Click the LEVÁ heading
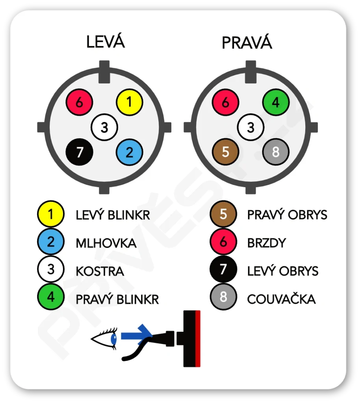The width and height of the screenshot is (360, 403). [x=106, y=42]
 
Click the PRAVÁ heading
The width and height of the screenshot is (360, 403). [x=247, y=43]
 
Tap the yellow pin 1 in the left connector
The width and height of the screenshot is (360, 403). [x=129, y=102]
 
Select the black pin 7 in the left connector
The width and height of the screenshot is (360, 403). [x=80, y=152]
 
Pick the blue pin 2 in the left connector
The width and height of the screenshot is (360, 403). [x=129, y=152]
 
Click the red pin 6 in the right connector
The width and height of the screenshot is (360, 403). [x=225, y=102]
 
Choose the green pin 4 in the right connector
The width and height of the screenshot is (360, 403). [x=276, y=102]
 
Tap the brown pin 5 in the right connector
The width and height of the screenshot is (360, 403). [x=225, y=152]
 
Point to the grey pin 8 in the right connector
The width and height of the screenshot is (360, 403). [x=276, y=152]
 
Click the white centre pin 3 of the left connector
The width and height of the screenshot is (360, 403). [x=104, y=127]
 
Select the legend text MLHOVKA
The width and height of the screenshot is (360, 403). [x=106, y=243]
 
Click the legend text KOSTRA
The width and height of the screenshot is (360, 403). [x=100, y=271]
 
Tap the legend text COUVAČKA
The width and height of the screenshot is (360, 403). [x=281, y=299]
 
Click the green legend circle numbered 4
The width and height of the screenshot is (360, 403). [x=51, y=297]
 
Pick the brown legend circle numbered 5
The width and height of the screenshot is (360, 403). [x=223, y=214]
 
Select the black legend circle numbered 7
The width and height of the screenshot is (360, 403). [x=223, y=270]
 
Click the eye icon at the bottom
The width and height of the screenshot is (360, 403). [x=104, y=338]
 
